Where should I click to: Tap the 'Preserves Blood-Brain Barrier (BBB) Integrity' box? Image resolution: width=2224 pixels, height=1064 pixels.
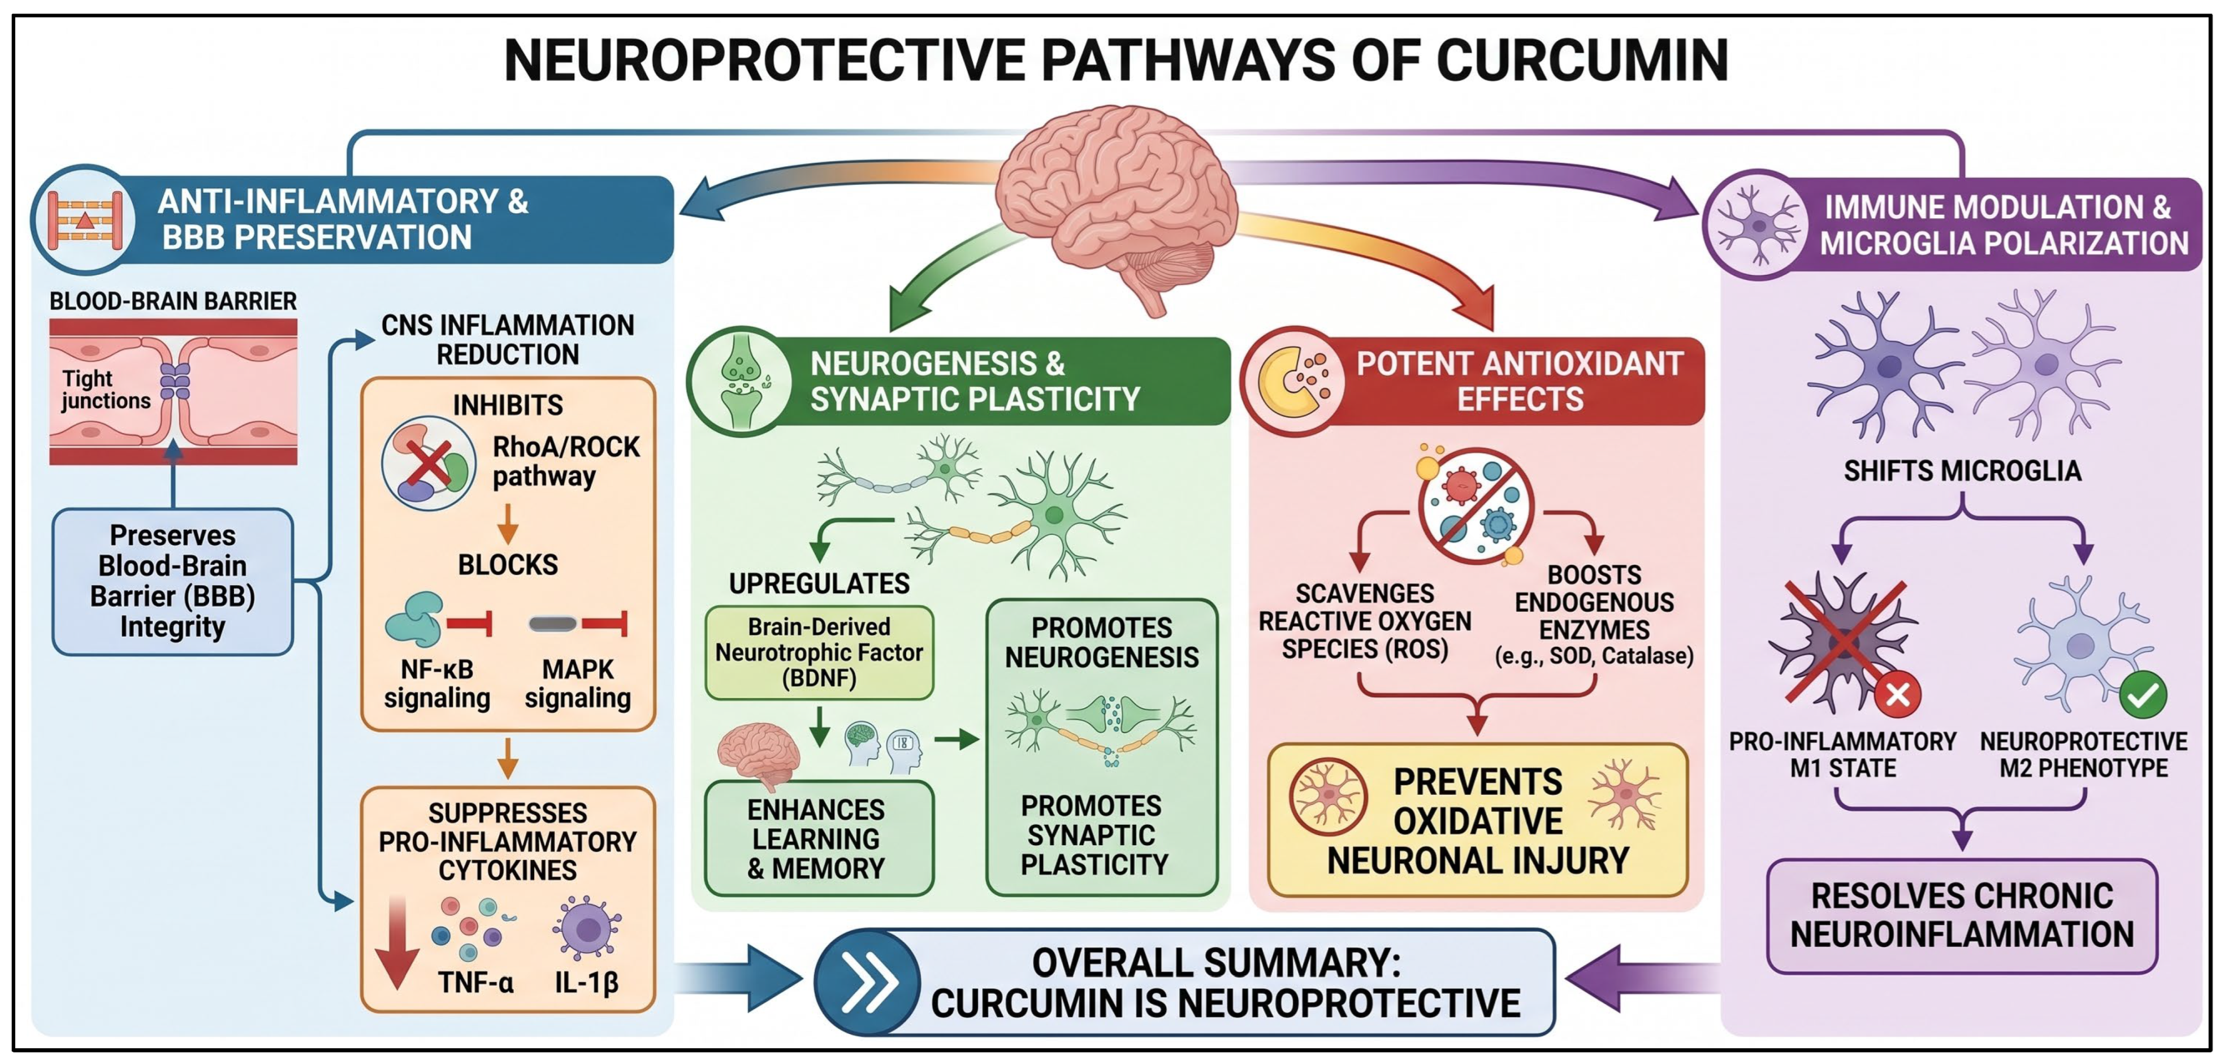(172, 581)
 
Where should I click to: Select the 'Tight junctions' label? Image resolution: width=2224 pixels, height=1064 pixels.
(105, 390)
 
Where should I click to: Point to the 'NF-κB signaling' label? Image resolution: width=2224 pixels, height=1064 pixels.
(437, 683)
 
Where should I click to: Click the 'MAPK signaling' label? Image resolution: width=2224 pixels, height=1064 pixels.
(578, 683)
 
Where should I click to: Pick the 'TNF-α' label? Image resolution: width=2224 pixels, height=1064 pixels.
(475, 983)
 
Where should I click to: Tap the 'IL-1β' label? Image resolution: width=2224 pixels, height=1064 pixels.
(587, 983)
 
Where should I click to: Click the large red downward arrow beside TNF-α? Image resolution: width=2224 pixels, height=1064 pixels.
(397, 942)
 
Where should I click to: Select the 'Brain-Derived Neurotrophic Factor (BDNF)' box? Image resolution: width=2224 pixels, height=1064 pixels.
(819, 652)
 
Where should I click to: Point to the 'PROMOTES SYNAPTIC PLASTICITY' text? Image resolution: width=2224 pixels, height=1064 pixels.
(1093, 835)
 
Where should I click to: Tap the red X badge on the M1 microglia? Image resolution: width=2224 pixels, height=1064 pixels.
(1898, 694)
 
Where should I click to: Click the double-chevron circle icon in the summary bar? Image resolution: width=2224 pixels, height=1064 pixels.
(868, 983)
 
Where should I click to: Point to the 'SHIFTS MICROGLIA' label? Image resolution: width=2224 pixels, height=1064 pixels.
(1962, 472)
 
